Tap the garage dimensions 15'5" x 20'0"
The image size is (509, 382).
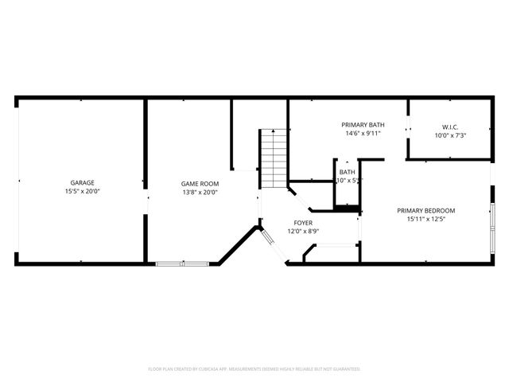tap(82, 192)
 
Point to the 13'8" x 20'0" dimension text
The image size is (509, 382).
tap(200, 192)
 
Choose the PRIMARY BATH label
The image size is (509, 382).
tap(363, 124)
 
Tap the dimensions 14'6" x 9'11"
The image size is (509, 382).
tap(363, 134)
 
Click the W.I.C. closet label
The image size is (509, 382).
tap(450, 127)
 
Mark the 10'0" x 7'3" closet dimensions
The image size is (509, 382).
tap(450, 135)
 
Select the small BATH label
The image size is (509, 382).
tap(348, 172)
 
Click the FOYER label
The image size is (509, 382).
tap(303, 223)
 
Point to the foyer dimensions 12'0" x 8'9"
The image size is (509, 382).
tap(303, 232)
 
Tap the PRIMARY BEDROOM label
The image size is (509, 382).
tap(425, 210)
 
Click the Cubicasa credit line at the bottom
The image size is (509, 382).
tap(254, 369)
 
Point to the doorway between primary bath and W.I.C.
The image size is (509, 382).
tap(407, 129)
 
